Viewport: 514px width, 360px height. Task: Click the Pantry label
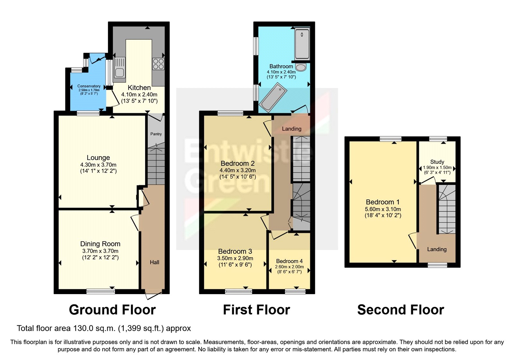156,134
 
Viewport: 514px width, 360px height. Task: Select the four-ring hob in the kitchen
158,64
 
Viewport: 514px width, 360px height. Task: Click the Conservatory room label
89,86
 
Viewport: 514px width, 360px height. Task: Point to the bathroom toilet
301,67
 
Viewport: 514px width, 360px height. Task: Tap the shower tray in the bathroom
302,43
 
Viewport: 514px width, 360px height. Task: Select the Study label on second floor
437,162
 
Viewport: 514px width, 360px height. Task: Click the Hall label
155,262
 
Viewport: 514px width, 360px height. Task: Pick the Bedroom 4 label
289,261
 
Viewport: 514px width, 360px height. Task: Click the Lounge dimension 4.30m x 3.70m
98,165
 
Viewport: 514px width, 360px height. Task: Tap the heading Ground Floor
112,310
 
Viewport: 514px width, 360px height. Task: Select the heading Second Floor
401,310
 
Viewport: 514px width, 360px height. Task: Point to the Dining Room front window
101,291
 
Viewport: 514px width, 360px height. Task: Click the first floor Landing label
291,129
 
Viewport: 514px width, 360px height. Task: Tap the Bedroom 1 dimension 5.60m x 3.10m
383,209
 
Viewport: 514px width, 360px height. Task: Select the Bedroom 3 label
235,251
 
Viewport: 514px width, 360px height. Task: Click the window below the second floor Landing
437,265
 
